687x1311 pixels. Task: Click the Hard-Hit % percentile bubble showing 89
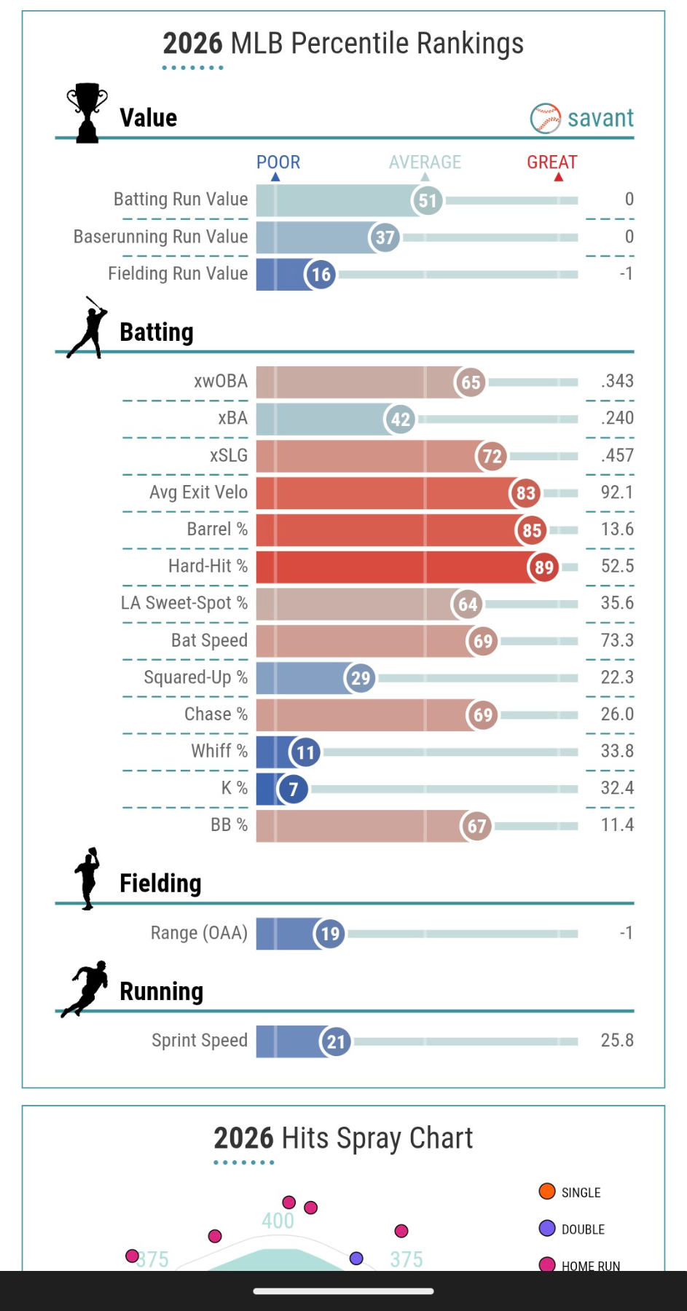543,567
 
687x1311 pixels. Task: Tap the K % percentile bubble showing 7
293,789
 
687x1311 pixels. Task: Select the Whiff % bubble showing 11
305,752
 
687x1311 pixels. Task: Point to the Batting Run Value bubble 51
428,200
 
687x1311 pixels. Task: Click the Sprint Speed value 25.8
616,1040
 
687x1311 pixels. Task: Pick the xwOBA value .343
616,381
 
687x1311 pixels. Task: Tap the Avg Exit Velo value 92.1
616,492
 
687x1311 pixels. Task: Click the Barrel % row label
217,529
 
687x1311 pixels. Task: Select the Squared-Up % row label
195,677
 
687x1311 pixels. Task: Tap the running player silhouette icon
86,988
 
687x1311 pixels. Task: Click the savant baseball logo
545,118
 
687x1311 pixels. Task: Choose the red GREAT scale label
551,162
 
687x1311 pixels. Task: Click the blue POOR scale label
278,162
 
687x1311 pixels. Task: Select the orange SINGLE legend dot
547,1192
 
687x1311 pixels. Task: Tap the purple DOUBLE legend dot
547,1229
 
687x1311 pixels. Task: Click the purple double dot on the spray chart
356,1258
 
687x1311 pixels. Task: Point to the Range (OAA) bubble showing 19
330,934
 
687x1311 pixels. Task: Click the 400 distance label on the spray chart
278,1221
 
